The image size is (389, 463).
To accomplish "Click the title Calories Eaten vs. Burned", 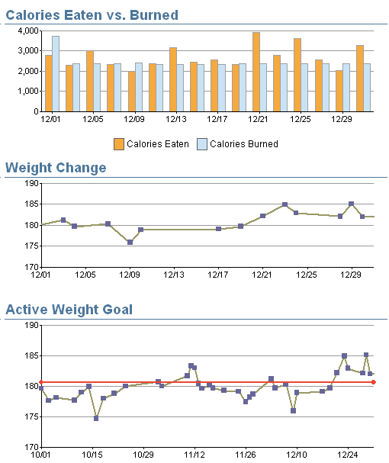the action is (92, 15).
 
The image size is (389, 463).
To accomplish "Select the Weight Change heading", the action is (56, 168).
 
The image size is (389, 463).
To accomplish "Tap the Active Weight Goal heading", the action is (69, 310).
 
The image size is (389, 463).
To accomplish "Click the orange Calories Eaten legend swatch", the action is (119, 144).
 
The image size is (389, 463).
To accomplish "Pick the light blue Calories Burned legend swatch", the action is (202, 144).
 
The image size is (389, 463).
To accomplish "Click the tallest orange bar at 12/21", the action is (256, 72).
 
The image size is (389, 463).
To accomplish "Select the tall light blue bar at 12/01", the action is (56, 74).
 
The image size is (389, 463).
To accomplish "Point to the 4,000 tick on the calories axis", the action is (28, 31).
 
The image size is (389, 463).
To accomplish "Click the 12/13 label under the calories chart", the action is (176, 119).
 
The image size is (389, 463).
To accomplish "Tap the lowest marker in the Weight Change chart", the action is (130, 242).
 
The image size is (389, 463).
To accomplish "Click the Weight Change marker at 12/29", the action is (351, 204).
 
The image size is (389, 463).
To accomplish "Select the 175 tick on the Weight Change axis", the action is (31, 246).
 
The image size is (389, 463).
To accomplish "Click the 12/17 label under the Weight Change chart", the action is (217, 275).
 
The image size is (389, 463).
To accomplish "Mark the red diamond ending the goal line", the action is (373, 382).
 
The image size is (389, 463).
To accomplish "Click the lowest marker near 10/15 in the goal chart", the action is (96, 418).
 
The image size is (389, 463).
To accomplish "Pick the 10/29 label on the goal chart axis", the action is (143, 455).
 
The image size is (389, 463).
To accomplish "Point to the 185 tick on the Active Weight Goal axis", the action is (31, 355).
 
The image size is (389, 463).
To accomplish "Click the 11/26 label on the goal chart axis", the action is (246, 455).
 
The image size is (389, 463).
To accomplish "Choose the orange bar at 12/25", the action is (297, 75).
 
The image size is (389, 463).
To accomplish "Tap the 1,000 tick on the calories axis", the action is (28, 92).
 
